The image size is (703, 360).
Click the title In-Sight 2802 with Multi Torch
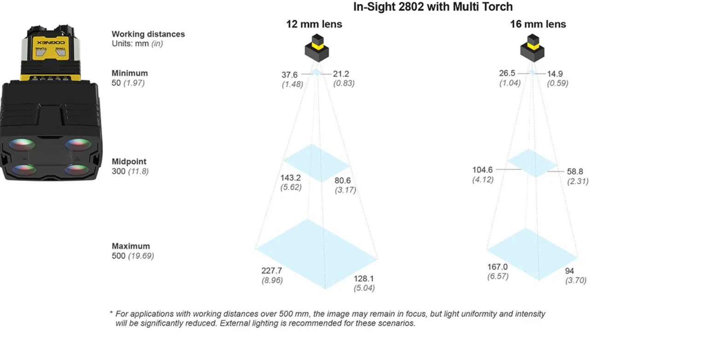coord(433,6)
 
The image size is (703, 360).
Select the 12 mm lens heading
coord(314,24)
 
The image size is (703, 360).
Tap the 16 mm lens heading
coord(538,24)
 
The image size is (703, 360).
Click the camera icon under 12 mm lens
coord(317,48)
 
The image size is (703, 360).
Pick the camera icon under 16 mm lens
coord(532,48)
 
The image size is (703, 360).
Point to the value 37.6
coord(290,75)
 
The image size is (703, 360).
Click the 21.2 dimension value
coord(341,74)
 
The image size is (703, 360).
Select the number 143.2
coord(290,178)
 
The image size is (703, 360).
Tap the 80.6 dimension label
coord(343,181)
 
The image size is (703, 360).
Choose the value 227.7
coord(272,271)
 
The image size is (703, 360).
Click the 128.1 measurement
coord(364,279)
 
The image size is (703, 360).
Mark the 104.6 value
coord(482,170)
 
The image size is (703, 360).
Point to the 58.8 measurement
coord(575,172)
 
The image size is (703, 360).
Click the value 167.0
coord(497,267)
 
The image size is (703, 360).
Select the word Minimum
coord(130,73)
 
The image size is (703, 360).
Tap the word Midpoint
coord(129,162)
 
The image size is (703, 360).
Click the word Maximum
coord(131,246)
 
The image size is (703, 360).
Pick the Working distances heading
coord(148,34)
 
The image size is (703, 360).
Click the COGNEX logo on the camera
coord(51,42)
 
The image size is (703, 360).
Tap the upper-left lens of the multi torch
coord(22,145)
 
